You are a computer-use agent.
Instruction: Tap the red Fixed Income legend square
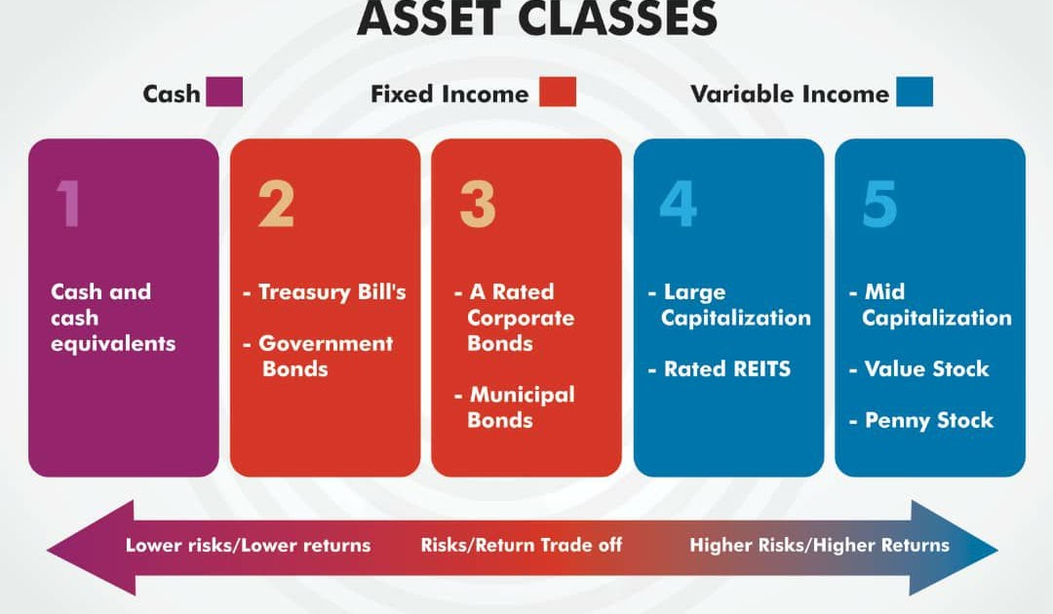557,93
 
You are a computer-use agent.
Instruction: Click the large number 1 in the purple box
67,204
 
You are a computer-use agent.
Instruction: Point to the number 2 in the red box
275,204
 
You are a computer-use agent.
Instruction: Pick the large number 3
478,204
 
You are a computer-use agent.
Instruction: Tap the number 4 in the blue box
680,204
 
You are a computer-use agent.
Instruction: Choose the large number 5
879,204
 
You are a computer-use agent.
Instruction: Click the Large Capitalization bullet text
729,305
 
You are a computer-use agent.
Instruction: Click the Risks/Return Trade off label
522,546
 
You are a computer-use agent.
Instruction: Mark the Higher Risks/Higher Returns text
819,546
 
